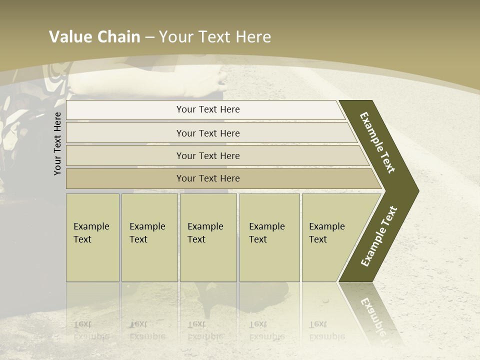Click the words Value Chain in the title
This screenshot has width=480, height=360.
[x=94, y=37]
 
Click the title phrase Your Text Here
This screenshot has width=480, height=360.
[x=215, y=37]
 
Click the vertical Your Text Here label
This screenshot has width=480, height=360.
[x=57, y=143]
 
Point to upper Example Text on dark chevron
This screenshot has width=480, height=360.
[x=377, y=142]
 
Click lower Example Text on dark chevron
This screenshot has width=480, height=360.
[x=379, y=236]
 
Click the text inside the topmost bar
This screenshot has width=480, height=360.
[x=208, y=109]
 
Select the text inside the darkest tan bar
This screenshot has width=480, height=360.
[x=208, y=178]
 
